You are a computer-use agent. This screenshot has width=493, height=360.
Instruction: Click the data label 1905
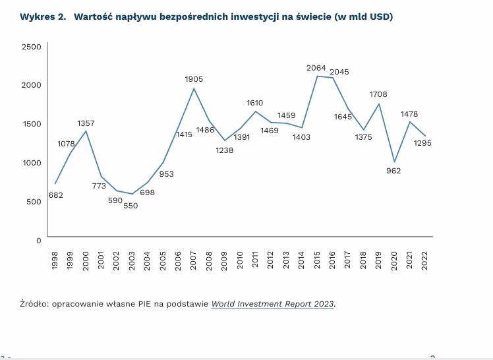(194, 79)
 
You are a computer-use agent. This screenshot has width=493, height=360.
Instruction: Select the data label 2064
(317, 68)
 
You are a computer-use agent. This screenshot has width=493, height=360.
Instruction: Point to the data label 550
(132, 206)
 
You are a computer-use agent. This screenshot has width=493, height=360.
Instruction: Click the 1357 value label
(86, 123)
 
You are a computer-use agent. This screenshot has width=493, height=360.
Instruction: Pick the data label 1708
(378, 94)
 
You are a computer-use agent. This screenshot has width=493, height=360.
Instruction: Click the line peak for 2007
(194, 88)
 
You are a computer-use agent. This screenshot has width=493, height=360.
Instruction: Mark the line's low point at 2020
(395, 162)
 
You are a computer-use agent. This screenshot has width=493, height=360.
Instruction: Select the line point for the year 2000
(86, 131)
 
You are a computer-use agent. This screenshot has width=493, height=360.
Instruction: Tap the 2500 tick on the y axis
(31, 47)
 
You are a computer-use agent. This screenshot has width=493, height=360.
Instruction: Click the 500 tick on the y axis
(34, 202)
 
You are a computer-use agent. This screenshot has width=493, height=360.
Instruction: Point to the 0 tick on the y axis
(38, 240)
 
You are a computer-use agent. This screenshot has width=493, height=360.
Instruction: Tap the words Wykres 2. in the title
(43, 16)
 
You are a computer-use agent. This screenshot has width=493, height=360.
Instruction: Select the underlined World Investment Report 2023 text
(273, 304)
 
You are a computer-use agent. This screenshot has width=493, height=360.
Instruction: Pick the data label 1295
(422, 142)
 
